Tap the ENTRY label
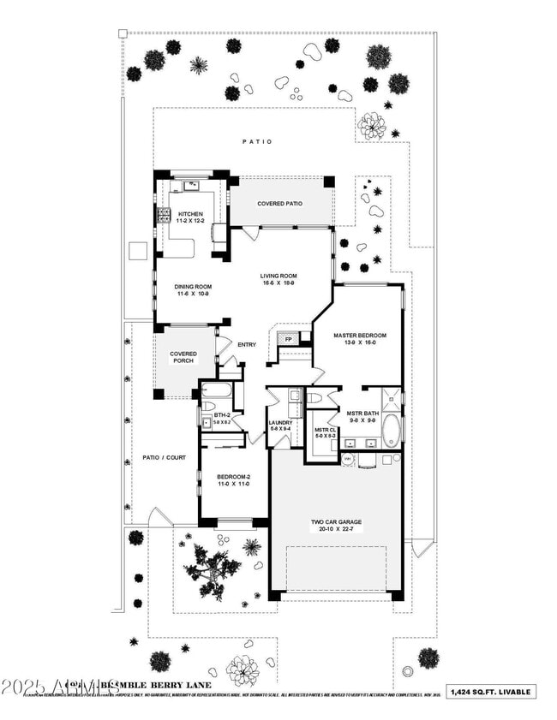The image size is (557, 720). click(x=247, y=345)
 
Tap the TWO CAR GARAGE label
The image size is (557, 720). click(x=336, y=525)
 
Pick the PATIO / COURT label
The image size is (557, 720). click(x=164, y=457)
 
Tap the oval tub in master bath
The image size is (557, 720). click(x=391, y=430)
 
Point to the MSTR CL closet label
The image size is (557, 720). click(x=323, y=432)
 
